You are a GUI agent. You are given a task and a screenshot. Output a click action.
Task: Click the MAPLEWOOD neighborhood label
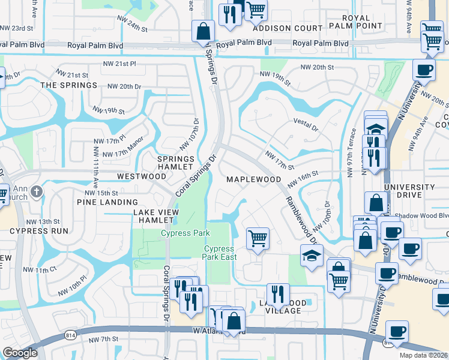[253, 179]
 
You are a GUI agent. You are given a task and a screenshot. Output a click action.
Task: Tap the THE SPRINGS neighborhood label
[68, 85]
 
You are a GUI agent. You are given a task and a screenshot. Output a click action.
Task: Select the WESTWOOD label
[142, 176]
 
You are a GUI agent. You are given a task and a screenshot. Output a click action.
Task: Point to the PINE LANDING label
[107, 202]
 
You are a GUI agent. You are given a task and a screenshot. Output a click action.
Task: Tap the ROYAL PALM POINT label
[355, 22]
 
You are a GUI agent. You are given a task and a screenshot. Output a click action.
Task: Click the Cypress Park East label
[220, 253]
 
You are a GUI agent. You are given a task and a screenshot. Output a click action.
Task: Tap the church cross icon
[37, 192]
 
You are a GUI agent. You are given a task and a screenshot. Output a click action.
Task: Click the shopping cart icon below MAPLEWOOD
[258, 238]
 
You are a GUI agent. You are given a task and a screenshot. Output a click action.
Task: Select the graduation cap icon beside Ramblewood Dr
[312, 256]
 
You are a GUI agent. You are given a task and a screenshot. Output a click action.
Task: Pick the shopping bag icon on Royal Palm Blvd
[203, 31]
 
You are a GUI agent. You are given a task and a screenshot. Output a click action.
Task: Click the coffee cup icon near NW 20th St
[424, 69]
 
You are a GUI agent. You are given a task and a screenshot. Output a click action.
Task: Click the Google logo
[20, 353]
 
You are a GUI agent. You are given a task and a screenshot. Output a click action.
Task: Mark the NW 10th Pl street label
[73, 286]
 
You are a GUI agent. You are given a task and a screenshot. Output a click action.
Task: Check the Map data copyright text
[423, 355]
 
